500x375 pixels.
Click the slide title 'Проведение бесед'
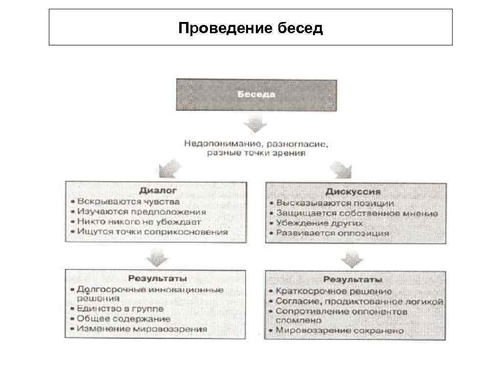[250, 28]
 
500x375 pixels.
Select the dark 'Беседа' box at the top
[256, 94]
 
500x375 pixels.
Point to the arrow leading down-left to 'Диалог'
[171, 169]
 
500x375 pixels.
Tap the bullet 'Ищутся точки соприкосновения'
[152, 232]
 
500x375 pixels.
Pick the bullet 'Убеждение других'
[319, 223]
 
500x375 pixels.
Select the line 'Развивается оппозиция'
[333, 233]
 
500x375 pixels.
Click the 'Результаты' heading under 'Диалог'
[157, 278]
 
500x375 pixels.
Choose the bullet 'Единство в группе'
[120, 309]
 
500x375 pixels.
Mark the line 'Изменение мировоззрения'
[142, 329]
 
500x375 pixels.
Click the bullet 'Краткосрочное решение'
[333, 291]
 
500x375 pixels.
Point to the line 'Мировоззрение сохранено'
[340, 331]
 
